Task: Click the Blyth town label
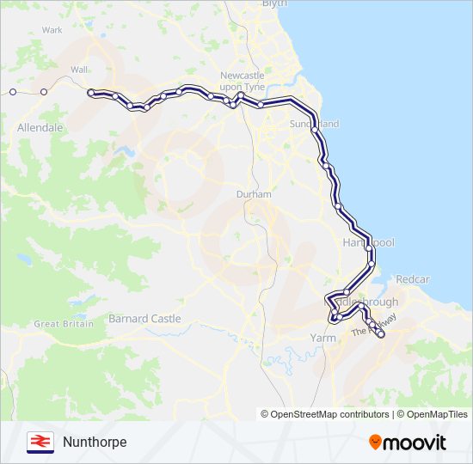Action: [x=273, y=4]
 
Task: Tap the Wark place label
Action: [x=52, y=30]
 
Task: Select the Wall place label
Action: [x=79, y=69]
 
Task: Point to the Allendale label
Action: [x=40, y=127]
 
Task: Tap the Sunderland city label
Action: [x=315, y=125]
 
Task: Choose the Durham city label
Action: [x=254, y=195]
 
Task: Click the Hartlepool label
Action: [x=368, y=243]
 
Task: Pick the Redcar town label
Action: [x=412, y=280]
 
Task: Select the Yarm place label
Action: [x=322, y=339]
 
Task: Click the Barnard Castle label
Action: [x=144, y=319]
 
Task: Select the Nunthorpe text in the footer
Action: [x=95, y=442]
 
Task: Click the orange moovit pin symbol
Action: [x=376, y=442]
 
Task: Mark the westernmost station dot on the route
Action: [x=13, y=91]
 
